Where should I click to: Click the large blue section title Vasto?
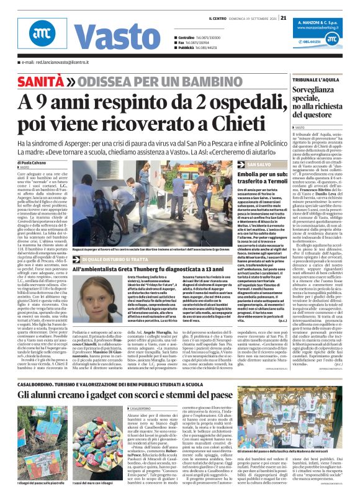pyautogui.click(x=106, y=37)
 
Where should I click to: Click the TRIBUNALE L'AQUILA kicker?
pyautogui.click(x=319, y=80)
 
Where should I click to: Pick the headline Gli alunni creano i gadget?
pyautogui.click(x=124, y=393)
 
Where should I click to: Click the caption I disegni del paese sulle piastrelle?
pyautogui.click(x=31, y=482)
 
